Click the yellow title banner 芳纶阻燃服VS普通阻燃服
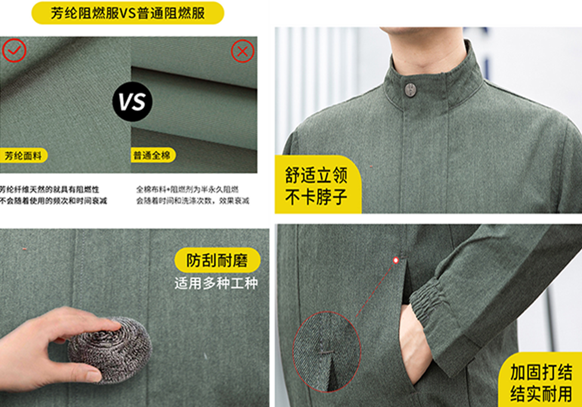(128, 13)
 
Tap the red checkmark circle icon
(14, 51)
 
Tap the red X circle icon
(243, 51)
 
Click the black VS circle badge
(133, 102)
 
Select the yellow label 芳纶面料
(23, 155)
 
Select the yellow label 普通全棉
(152, 155)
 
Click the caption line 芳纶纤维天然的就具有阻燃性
(50, 189)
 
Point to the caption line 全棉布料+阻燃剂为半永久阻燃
(187, 189)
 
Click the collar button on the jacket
(410, 90)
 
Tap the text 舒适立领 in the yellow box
(316, 175)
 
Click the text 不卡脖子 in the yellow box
(316, 197)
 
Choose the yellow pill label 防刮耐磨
(217, 260)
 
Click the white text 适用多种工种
(216, 283)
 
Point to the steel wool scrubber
(110, 348)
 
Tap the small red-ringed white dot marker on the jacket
(396, 261)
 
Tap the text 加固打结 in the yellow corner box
(541, 372)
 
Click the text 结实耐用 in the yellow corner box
(541, 394)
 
